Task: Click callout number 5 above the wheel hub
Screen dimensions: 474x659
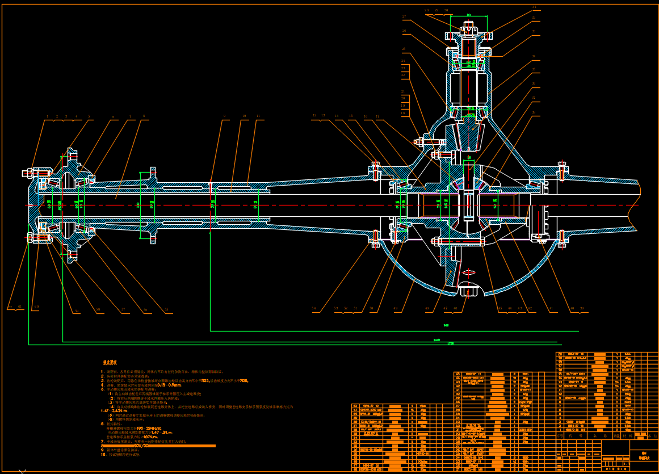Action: (x=89, y=116)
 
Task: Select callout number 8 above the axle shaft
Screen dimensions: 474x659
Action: (x=144, y=116)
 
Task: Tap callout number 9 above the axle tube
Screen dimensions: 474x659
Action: (x=224, y=116)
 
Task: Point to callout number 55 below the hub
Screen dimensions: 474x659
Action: (x=166, y=310)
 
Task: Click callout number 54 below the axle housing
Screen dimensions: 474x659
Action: (x=313, y=309)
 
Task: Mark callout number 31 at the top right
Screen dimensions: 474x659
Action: (x=534, y=7)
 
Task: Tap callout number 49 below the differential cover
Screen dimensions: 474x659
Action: (x=395, y=309)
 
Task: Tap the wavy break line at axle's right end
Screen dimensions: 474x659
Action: (x=637, y=204)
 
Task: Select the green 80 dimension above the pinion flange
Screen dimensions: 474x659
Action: (x=469, y=15)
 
